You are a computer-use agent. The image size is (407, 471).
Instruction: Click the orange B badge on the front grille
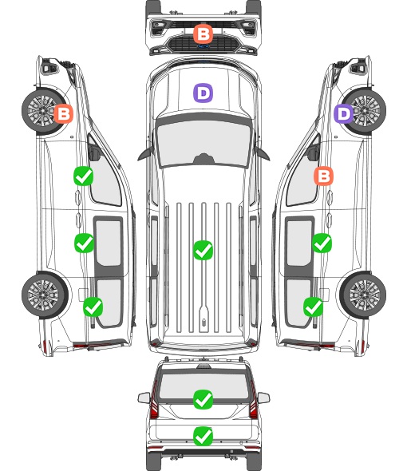(x=203, y=34)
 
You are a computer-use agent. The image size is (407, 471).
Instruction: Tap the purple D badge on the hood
(x=203, y=93)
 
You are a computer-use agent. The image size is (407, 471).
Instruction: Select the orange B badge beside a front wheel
(x=63, y=113)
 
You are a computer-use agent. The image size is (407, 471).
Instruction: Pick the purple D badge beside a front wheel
(x=344, y=113)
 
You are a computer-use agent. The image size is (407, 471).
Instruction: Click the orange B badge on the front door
(x=323, y=176)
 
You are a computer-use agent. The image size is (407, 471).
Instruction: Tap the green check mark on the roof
(x=203, y=250)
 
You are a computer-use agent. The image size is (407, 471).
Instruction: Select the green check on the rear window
(x=203, y=399)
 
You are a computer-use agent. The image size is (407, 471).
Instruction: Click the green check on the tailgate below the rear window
(x=203, y=436)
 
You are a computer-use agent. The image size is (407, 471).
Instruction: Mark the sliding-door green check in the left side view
(x=84, y=243)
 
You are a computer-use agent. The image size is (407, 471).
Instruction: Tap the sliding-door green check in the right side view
(x=322, y=243)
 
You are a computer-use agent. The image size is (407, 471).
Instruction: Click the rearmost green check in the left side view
(x=93, y=307)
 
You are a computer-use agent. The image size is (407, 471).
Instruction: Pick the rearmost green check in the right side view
(x=314, y=307)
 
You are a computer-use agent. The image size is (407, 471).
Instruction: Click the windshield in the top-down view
(x=203, y=142)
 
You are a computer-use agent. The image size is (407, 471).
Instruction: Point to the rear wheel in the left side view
(x=45, y=295)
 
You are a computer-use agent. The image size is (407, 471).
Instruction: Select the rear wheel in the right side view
(x=363, y=295)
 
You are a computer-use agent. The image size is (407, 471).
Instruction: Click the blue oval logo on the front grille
(x=203, y=46)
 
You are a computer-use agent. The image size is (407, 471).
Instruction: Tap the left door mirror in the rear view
(x=144, y=398)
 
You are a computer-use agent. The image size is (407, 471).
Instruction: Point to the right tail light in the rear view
(x=254, y=401)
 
